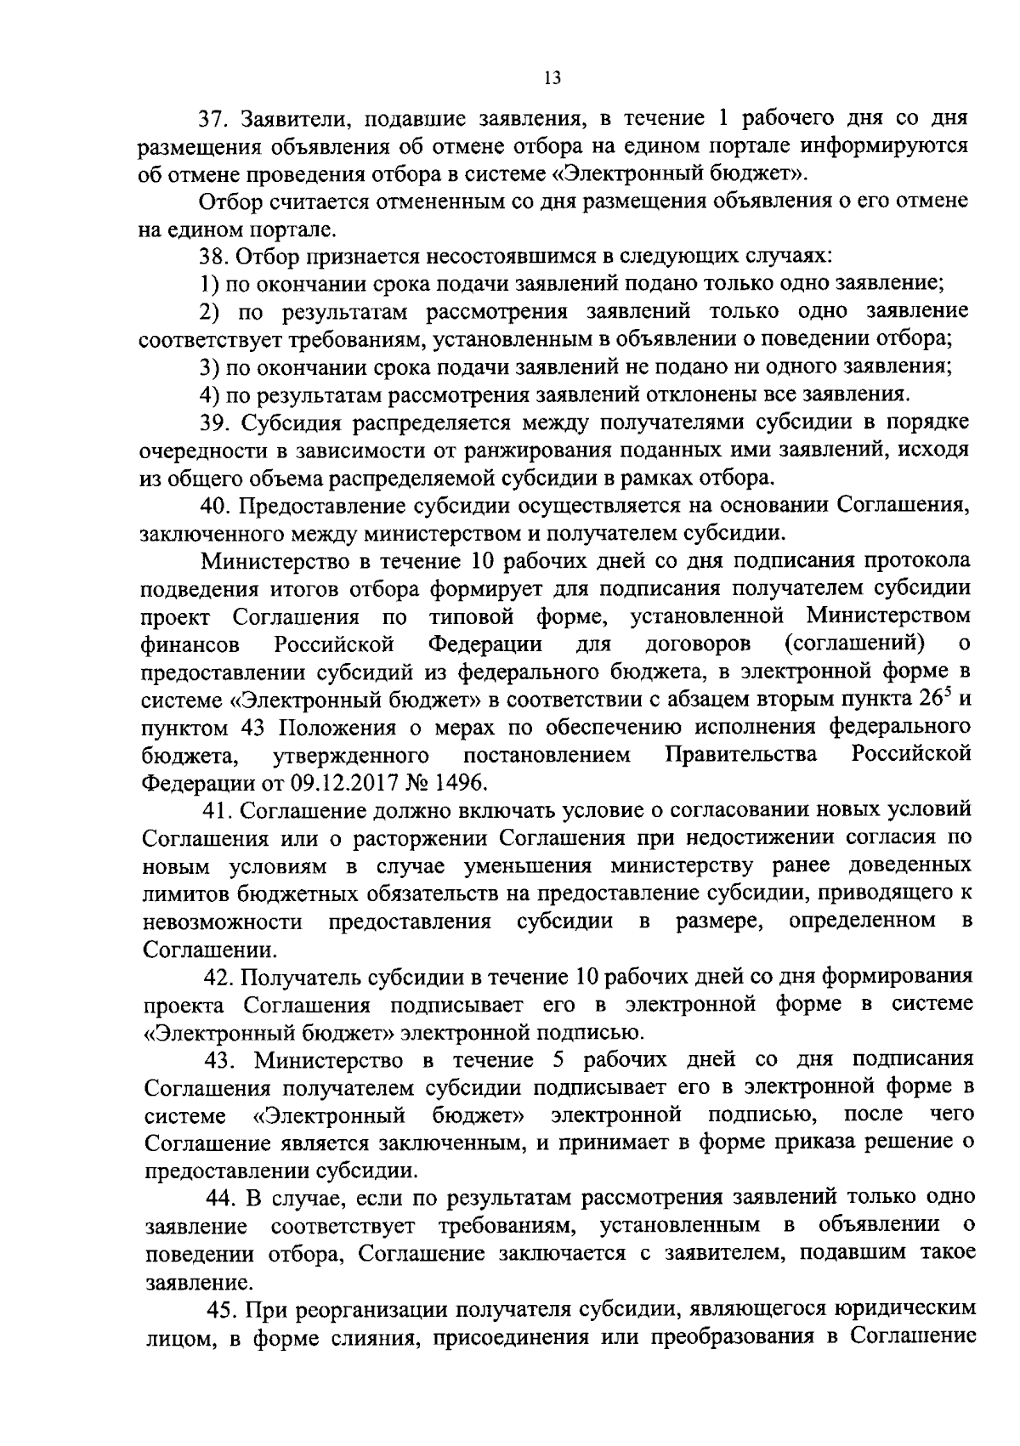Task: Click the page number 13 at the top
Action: (551, 78)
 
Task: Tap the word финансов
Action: (190, 644)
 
